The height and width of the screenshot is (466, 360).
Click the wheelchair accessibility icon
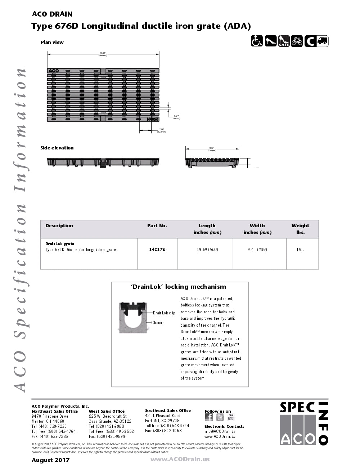click(257, 41)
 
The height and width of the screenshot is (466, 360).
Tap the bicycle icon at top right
click(297, 41)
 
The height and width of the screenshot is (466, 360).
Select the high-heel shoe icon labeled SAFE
click(284, 41)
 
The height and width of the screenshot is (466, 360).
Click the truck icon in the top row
click(322, 41)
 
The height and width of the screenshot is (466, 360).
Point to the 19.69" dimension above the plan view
click(103, 54)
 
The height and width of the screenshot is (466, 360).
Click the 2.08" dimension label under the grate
click(162, 130)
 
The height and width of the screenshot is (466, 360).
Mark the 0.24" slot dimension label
click(176, 117)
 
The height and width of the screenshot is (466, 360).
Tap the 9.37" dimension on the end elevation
click(212, 148)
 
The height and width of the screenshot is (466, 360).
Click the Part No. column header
click(157, 226)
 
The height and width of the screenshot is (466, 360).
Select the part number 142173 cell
click(157, 249)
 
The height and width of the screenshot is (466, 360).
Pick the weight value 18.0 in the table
click(300, 249)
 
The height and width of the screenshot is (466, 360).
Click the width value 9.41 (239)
click(257, 249)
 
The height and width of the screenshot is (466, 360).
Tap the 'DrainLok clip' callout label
click(164, 313)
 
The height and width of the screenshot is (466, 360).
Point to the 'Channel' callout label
click(158, 323)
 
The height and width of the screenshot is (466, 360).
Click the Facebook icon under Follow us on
click(209, 417)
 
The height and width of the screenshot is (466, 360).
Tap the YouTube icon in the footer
click(231, 417)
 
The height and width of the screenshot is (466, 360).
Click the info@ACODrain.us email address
click(220, 431)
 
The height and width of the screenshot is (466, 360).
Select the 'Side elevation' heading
click(57, 148)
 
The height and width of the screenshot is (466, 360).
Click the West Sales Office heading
click(107, 411)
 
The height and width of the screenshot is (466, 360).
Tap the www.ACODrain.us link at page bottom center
click(180, 459)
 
